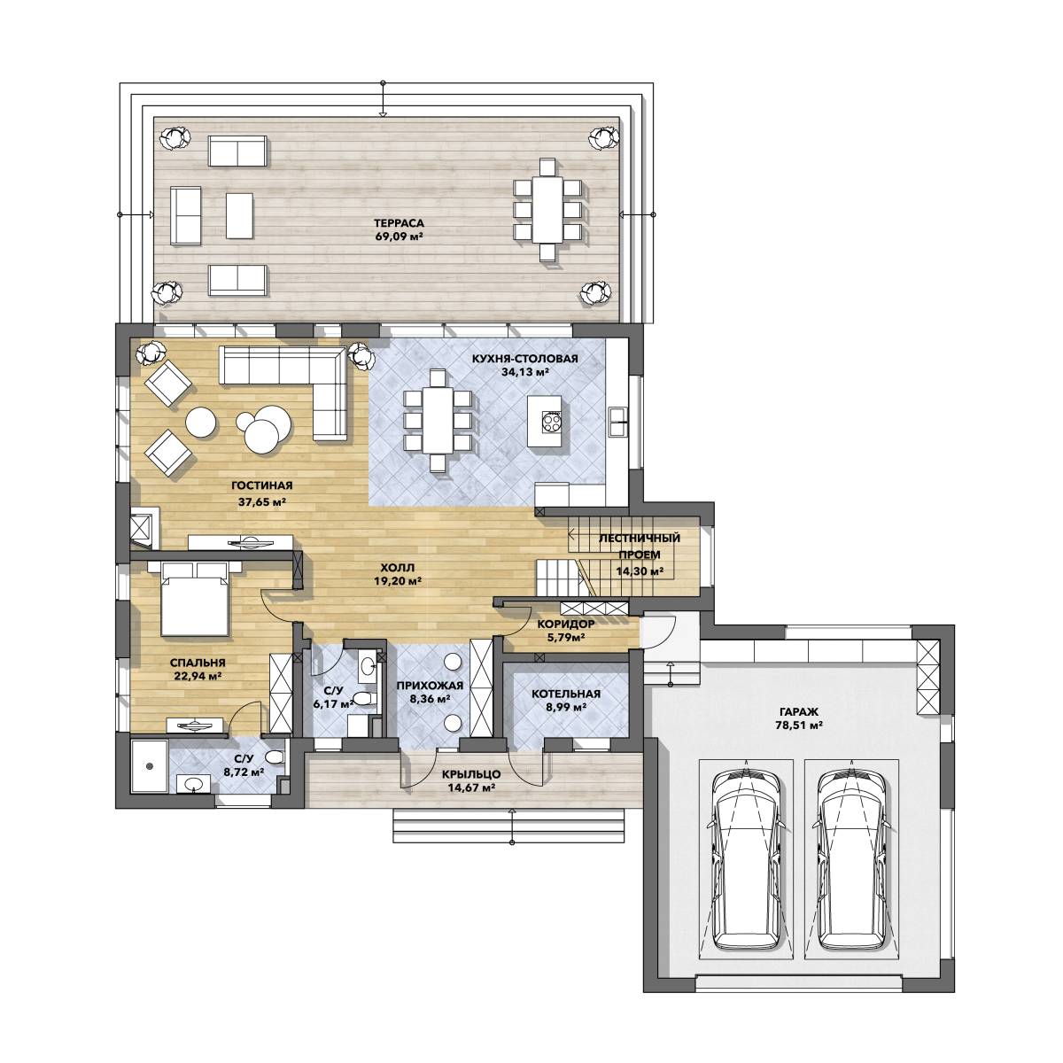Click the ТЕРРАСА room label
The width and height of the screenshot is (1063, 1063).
click(x=399, y=223)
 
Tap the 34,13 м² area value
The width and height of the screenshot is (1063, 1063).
click(x=524, y=372)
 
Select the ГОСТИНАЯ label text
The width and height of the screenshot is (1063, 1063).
click(x=262, y=485)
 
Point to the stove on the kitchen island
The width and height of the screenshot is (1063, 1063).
click(x=551, y=422)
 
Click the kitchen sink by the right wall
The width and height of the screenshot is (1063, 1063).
click(x=617, y=422)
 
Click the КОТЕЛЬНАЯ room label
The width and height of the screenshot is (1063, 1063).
click(x=566, y=694)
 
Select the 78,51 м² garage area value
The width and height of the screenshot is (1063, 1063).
click(x=799, y=725)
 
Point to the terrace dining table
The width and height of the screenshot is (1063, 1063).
click(x=547, y=210)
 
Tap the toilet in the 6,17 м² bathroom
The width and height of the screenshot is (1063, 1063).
click(x=363, y=699)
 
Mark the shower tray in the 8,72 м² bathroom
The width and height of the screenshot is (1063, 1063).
click(x=149, y=766)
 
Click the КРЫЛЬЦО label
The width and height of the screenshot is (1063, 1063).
click(x=471, y=774)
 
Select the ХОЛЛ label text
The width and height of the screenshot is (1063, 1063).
click(x=397, y=568)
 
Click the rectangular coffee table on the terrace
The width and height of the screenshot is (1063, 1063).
click(x=239, y=215)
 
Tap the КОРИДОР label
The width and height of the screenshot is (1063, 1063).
click(x=566, y=624)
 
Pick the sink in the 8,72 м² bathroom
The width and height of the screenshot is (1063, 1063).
click(x=193, y=783)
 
